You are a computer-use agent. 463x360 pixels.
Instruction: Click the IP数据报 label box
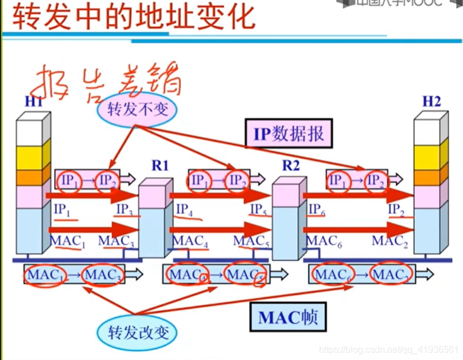point(289,134)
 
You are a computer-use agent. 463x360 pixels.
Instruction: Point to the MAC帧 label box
point(287,316)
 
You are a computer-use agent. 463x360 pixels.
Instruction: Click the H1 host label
point(34,102)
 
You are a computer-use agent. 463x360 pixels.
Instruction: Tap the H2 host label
point(431,101)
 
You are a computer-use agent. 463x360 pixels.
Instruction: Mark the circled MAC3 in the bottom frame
point(104,276)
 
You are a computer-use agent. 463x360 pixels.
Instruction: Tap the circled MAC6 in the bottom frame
point(332,276)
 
